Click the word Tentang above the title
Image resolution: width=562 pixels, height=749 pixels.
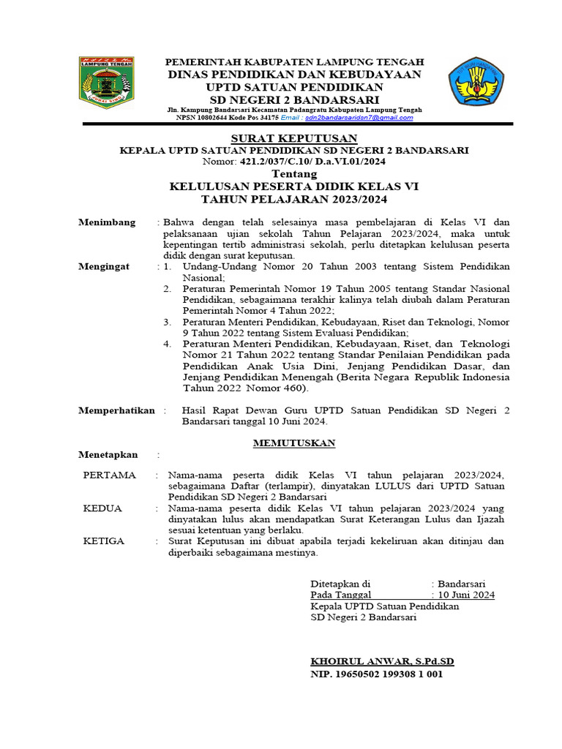coord(294,174)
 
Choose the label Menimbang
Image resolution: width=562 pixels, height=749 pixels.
coord(107,222)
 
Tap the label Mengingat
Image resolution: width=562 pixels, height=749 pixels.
coord(104,266)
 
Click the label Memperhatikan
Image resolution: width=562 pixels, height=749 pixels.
coord(116,410)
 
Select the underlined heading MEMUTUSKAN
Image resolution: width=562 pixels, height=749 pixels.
coord(294,443)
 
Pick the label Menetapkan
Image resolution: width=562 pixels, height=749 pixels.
coord(108,455)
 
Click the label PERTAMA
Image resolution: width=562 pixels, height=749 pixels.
coord(110,475)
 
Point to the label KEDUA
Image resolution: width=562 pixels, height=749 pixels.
coord(102,508)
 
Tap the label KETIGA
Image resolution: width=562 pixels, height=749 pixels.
coord(104,541)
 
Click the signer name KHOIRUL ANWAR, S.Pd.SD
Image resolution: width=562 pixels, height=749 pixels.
coord(382,661)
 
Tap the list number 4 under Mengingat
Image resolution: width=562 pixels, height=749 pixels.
coord(167,343)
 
